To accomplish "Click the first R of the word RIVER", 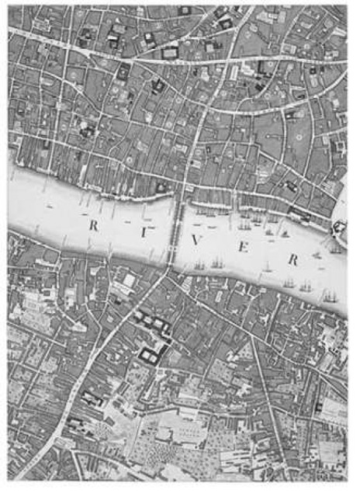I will (94, 226).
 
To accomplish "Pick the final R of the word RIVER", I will (292, 260).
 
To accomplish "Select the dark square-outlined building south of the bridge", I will (151, 353).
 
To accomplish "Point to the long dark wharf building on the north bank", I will (302, 214).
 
